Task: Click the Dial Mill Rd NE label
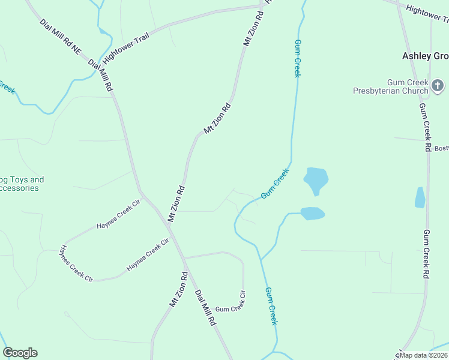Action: pos(60,38)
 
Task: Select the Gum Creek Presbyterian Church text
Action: pos(390,87)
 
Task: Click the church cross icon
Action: pos(438,86)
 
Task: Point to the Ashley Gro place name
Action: pos(425,56)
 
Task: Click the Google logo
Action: pos(20,353)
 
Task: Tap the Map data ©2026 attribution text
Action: pos(424,355)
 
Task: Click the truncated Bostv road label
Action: pos(441,148)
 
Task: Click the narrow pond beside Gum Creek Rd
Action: pos(420,197)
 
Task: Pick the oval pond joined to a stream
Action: pos(312,213)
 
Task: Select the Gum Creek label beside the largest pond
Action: pos(275,184)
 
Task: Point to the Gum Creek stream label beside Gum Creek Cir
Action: pos(271,306)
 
